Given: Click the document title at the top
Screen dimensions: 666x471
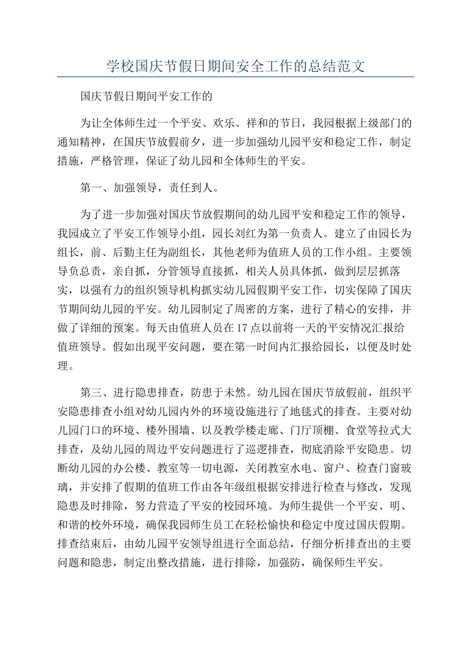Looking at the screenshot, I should tap(235, 66).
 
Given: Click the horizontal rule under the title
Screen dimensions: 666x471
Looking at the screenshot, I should tap(235, 77).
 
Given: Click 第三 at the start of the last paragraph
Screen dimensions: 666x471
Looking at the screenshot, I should tap(91, 392).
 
